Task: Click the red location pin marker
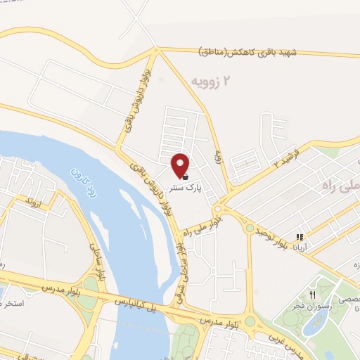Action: point(180,165)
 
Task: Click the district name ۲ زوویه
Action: point(211,82)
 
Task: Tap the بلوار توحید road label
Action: point(270,226)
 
